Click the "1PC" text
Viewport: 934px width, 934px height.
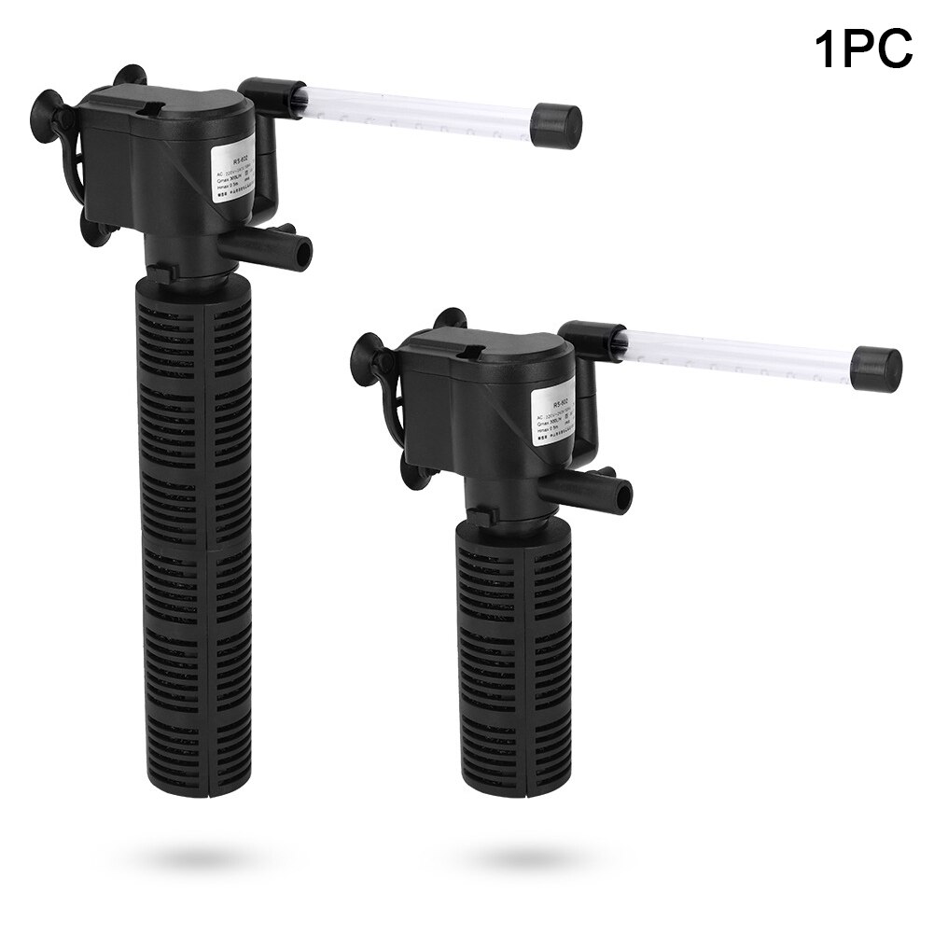(863, 48)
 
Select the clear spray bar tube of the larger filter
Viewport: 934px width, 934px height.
(411, 105)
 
